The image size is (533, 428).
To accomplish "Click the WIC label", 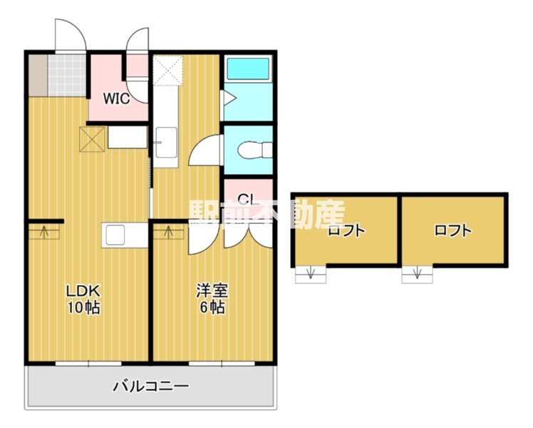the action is click(116, 98).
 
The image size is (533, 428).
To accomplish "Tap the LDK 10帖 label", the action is click(83, 300).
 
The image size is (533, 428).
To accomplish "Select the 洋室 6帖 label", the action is click(212, 300).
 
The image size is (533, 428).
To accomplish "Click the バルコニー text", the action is click(151, 387).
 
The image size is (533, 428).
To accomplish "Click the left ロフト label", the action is click(346, 231).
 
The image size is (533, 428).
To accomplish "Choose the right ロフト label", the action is click(453, 230).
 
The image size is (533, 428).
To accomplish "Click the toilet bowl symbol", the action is click(255, 150).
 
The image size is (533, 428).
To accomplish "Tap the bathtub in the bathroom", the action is click(248, 68).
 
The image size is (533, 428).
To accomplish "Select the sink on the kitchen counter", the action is click(115, 235).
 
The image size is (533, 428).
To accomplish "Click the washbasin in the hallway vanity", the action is click(166, 142).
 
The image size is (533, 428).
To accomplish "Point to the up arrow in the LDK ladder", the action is click(44, 232).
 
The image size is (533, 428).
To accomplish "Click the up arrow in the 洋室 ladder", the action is click(169, 232).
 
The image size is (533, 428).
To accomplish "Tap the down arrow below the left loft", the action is click(311, 273).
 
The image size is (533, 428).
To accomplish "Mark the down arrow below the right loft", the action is click(417, 273).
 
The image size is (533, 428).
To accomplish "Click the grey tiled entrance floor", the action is click(67, 75).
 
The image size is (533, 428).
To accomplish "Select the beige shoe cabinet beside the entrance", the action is click(38, 75).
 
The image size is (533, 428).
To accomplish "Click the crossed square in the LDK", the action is click(92, 139).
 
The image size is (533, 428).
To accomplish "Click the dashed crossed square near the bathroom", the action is click(168, 71).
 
